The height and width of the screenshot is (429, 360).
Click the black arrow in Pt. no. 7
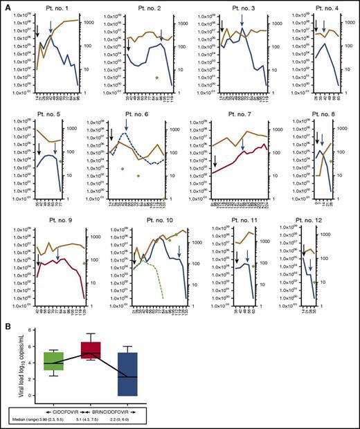[214, 161]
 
